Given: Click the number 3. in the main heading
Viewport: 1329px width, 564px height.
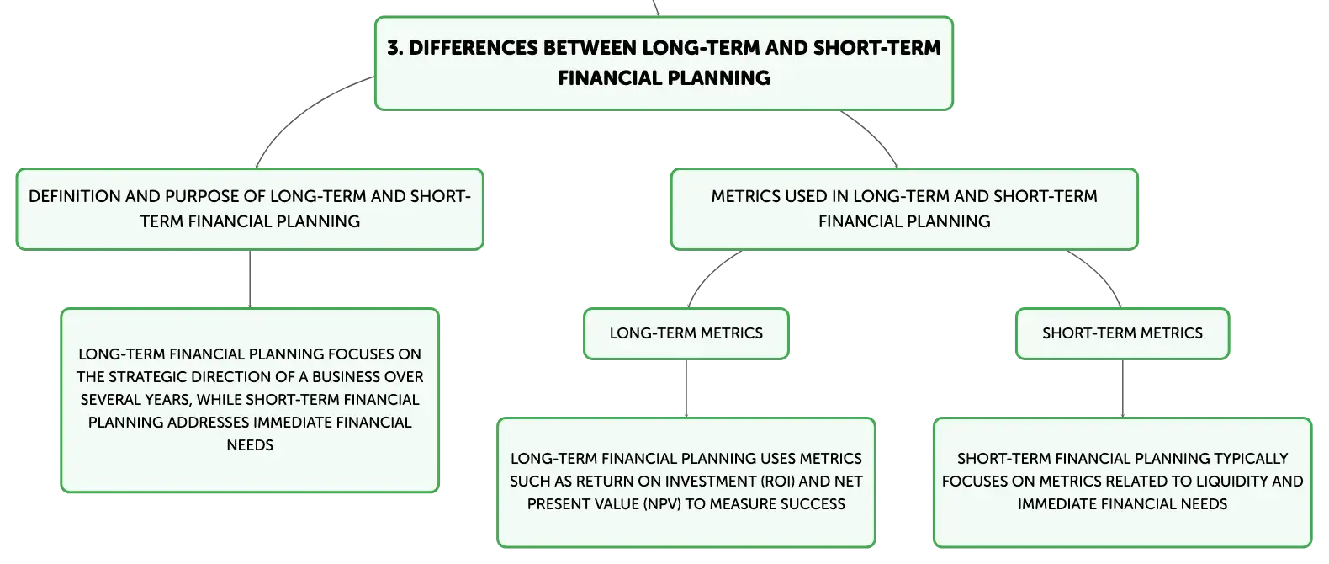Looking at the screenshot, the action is click(x=395, y=47).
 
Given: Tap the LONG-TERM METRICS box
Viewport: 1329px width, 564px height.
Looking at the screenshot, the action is click(x=686, y=333).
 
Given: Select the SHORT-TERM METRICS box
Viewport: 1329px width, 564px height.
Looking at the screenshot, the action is click(x=1123, y=333).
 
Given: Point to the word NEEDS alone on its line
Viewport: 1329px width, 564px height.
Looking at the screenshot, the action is click(x=250, y=445).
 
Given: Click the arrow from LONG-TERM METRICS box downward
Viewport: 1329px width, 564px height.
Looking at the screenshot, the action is click(x=686, y=389).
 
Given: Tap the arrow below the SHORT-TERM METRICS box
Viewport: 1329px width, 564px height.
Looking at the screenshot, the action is click(x=1123, y=389).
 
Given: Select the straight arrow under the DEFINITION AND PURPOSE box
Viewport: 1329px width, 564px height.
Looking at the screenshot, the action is click(x=250, y=279).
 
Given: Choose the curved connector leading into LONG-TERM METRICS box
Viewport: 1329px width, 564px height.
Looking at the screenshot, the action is click(x=707, y=274).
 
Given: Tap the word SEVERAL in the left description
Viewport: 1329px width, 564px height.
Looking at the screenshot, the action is click(x=109, y=400).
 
